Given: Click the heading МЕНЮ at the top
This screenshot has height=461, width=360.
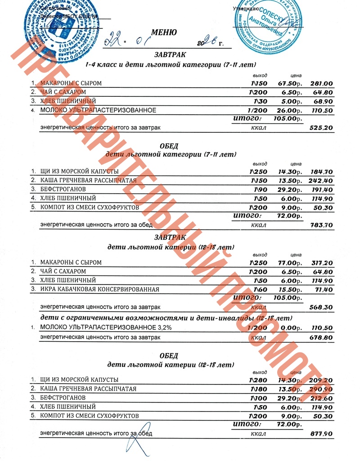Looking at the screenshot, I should [164, 32].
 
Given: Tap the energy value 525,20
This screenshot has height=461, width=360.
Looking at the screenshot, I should [322, 128].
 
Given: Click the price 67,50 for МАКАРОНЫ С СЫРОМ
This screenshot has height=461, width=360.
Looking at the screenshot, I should [288, 83].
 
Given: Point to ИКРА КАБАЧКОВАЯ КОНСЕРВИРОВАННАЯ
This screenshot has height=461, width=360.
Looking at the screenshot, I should [99, 289].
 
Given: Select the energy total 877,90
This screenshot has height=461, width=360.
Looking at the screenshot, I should [322, 434].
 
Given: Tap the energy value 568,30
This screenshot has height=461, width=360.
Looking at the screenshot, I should [322, 307].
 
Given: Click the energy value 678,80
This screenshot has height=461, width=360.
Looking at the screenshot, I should [322, 337].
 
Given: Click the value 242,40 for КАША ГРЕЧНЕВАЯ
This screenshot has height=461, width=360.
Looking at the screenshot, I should [322, 181].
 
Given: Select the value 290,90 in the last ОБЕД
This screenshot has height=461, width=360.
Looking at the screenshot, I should [322, 389].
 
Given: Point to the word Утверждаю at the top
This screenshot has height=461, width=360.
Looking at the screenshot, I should [246, 9].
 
